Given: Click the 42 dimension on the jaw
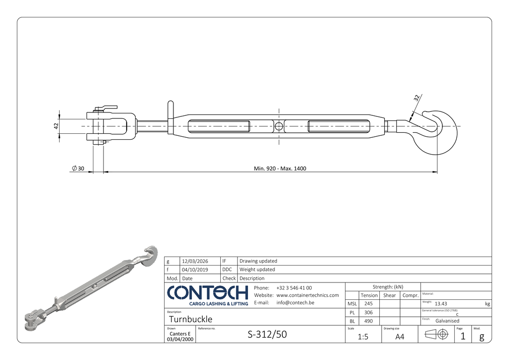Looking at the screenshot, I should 56,126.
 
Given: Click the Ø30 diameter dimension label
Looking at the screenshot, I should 78,169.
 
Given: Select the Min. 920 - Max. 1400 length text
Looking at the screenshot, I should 280,169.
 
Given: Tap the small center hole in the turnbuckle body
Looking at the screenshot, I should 279,126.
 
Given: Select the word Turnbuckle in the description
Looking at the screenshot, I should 190,319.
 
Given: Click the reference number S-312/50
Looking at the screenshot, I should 267,335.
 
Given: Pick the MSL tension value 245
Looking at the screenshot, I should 368,303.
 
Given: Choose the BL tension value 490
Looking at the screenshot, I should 368,321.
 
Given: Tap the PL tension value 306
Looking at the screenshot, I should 368,312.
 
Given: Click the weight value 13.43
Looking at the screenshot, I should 441,304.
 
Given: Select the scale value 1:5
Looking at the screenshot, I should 363,337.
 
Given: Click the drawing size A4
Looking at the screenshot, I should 400,337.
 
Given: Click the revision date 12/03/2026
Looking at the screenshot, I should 195,261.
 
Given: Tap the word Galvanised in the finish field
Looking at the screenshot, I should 447,321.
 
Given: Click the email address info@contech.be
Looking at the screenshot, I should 295,302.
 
